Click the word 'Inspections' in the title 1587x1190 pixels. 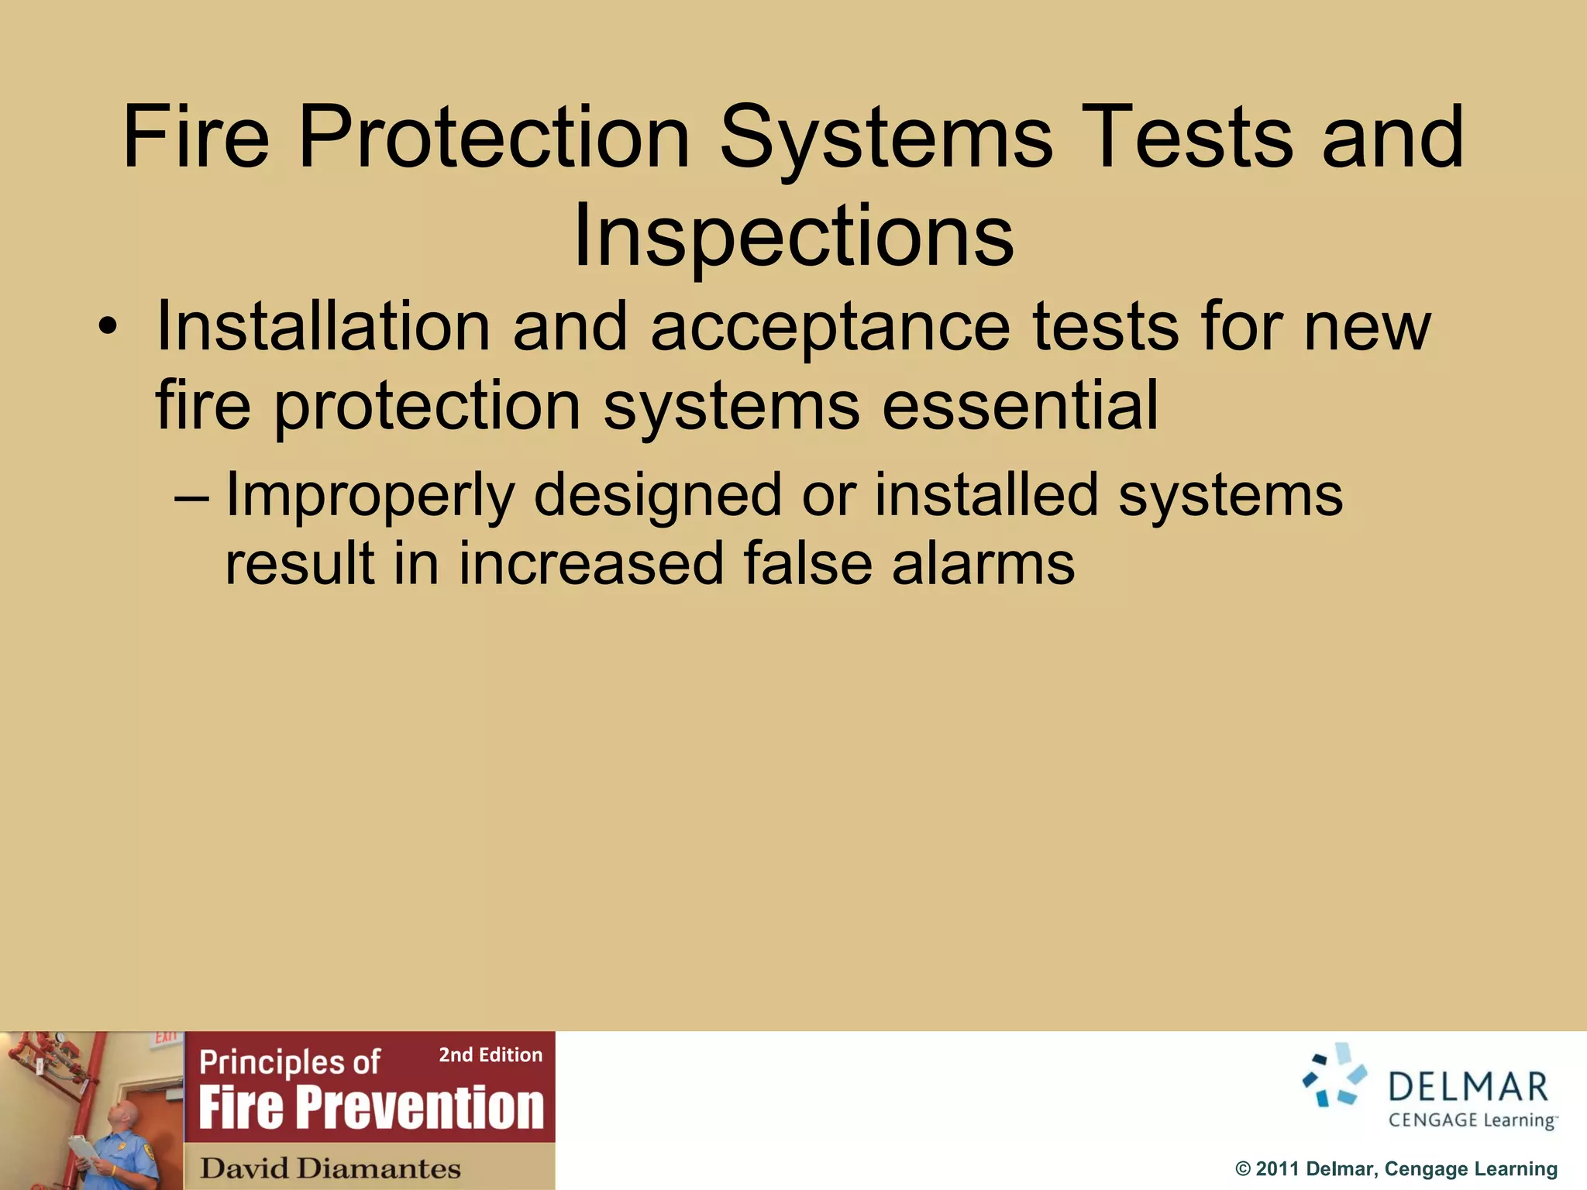pos(793,236)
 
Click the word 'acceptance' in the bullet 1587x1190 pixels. pos(830,327)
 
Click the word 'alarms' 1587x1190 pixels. pos(983,563)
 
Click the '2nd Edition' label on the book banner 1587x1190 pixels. pos(491,1055)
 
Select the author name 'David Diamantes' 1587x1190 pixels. pos(331,1168)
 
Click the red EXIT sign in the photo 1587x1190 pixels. pos(165,1037)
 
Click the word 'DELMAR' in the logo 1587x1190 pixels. pos(1468,1087)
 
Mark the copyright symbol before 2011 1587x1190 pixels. pos(1242,1169)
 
